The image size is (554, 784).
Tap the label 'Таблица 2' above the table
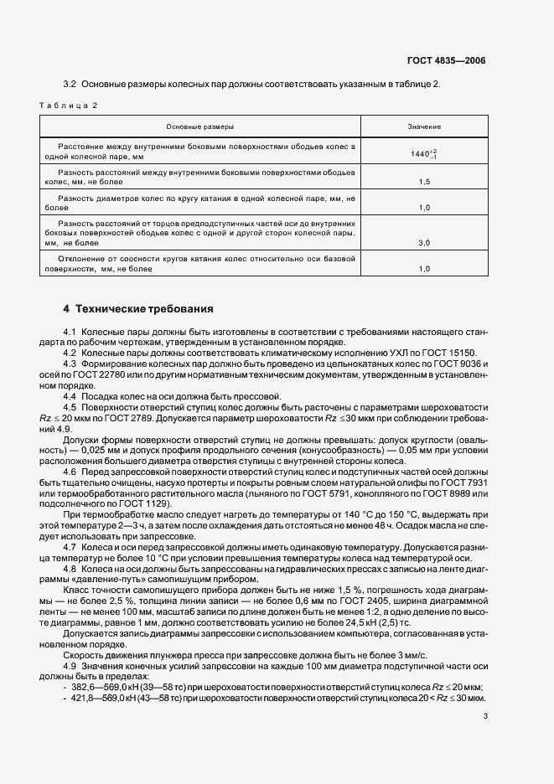[x=69, y=106]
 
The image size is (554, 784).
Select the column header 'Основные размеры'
[x=200, y=126]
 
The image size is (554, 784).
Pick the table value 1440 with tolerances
[x=423, y=154]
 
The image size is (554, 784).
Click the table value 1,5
[x=424, y=181]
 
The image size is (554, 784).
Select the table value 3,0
[x=424, y=242]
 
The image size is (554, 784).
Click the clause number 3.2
[x=70, y=85]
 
